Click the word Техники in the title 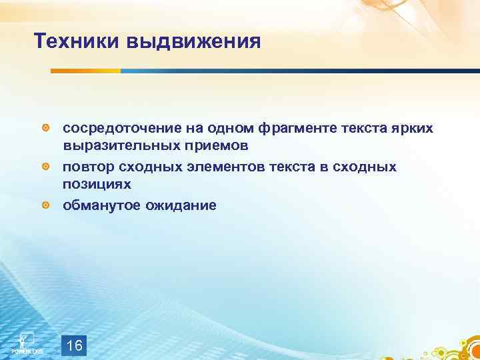point(75,42)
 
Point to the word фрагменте point(285,127)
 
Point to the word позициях point(96,183)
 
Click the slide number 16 point(75,345)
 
